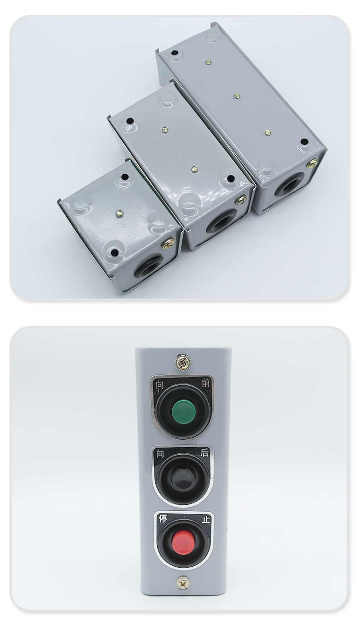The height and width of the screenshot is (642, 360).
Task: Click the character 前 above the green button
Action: pos(206,383)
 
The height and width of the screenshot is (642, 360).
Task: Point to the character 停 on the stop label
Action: pos(163,518)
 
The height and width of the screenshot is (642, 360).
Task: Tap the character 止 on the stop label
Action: pos(206,519)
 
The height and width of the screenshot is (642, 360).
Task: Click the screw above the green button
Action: pos(183,362)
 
